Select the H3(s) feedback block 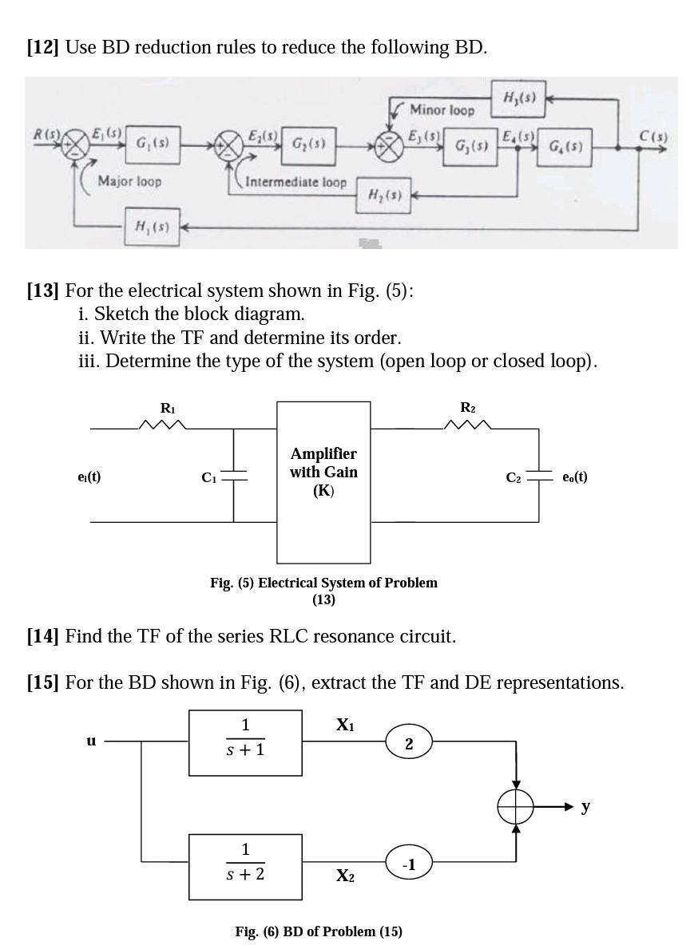coord(515,99)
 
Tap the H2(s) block coord(380,193)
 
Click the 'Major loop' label coord(129,181)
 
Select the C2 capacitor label coord(514,477)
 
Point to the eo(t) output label coord(575,476)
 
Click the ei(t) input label coord(89,476)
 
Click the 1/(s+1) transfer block coord(245,742)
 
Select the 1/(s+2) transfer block coord(245,866)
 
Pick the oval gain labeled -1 coord(409,864)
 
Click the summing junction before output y coord(516,808)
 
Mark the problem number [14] coord(42,636)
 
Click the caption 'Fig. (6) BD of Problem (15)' coord(319,931)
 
